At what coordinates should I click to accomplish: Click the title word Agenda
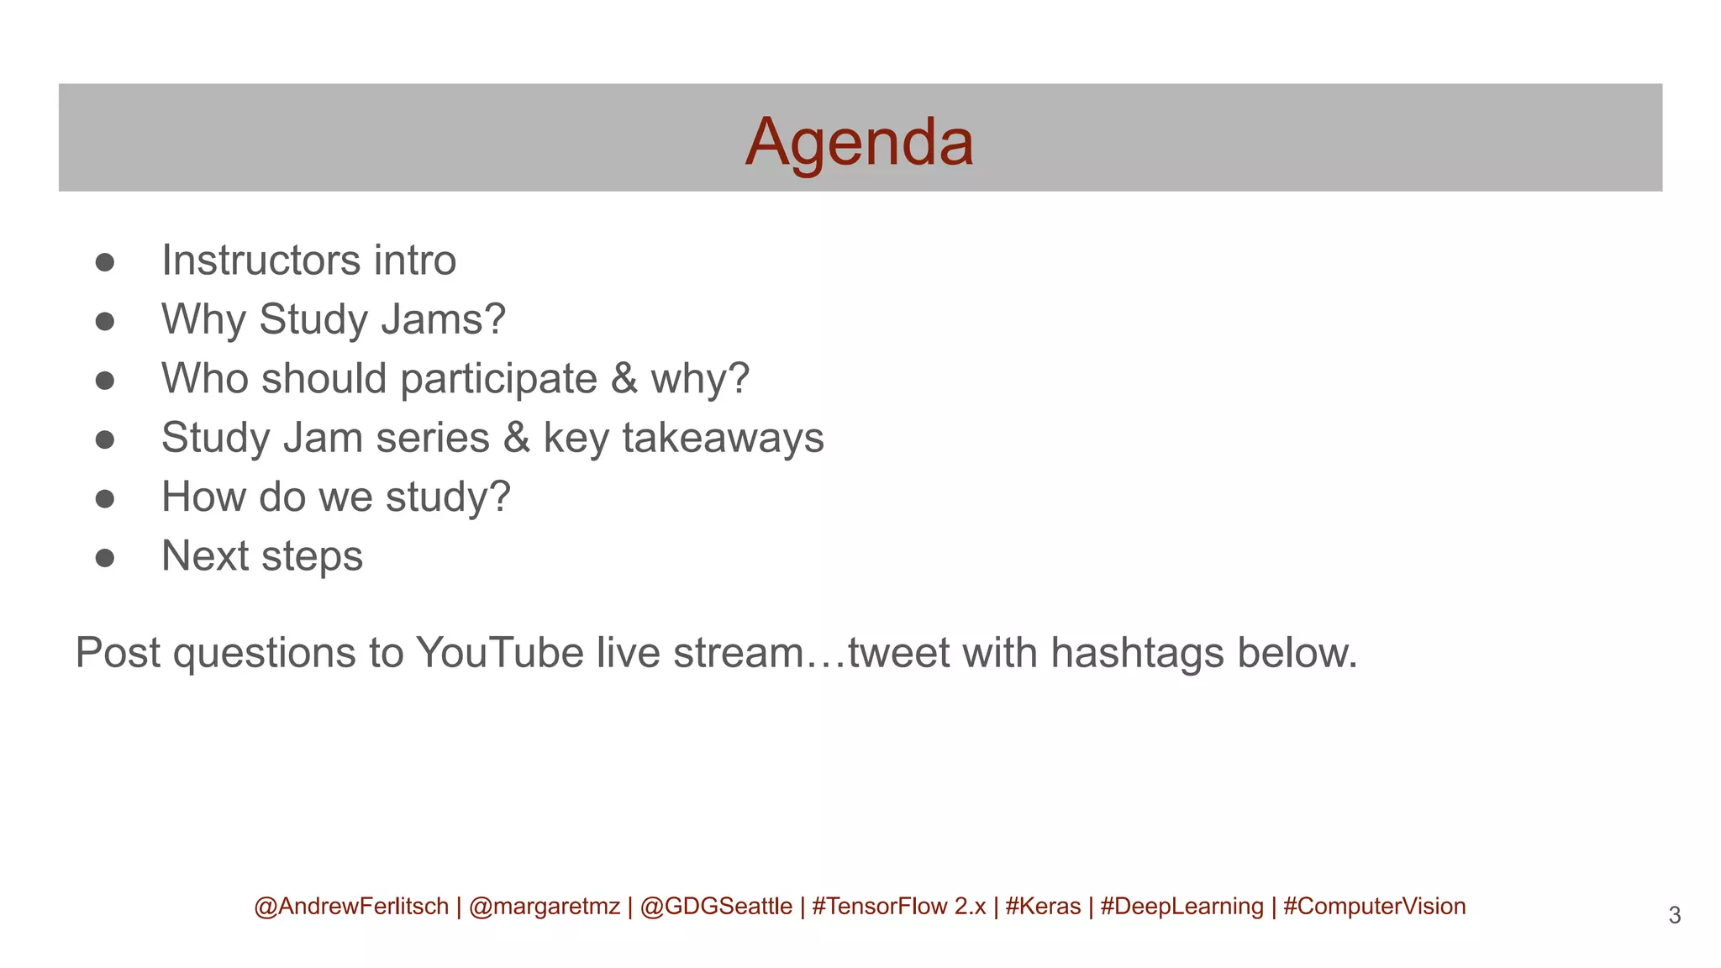click(859, 141)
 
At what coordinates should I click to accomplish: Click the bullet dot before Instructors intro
click(105, 262)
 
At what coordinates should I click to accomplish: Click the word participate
click(498, 380)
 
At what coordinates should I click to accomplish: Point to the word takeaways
click(723, 438)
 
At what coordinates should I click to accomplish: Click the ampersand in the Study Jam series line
click(516, 438)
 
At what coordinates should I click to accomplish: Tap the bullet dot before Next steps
click(105, 558)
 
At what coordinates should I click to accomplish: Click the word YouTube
click(499, 653)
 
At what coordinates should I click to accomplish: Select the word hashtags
click(1137, 653)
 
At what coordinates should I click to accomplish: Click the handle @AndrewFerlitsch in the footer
click(351, 907)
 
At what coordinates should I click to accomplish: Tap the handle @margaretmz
click(544, 907)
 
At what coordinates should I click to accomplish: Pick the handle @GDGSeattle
click(716, 907)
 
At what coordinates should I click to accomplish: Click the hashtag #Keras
click(1043, 907)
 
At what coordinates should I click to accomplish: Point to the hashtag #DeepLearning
click(1182, 907)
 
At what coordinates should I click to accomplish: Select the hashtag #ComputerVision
click(1374, 907)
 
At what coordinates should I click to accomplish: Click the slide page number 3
click(1674, 915)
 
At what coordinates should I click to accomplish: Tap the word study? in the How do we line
click(448, 497)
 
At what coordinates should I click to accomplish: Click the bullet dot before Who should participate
click(105, 381)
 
